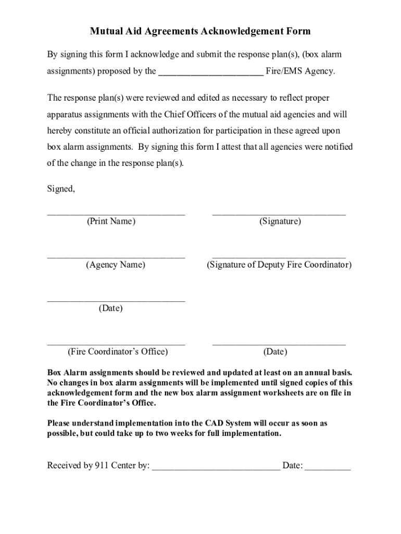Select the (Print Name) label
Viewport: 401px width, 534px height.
pyautogui.click(x=111, y=222)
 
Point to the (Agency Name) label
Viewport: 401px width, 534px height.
pyautogui.click(x=116, y=265)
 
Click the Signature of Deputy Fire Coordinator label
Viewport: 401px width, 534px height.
pyautogui.click(x=279, y=265)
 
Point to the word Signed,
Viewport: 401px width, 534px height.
pyautogui.click(x=61, y=189)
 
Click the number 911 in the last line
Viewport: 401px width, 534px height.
pyautogui.click(x=102, y=465)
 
